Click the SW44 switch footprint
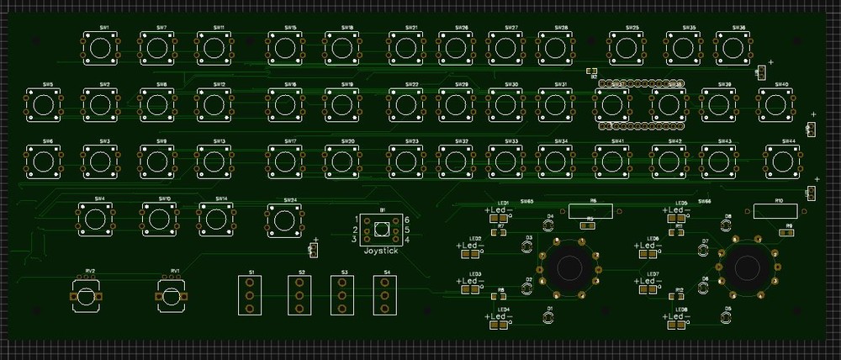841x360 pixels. click(x=780, y=160)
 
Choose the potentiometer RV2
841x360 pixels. click(x=87, y=296)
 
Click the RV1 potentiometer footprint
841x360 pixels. click(x=171, y=296)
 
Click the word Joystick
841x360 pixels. click(x=381, y=251)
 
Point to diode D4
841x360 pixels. click(x=550, y=225)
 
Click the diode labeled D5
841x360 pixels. click(x=727, y=318)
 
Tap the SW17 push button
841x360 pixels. click(x=285, y=160)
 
